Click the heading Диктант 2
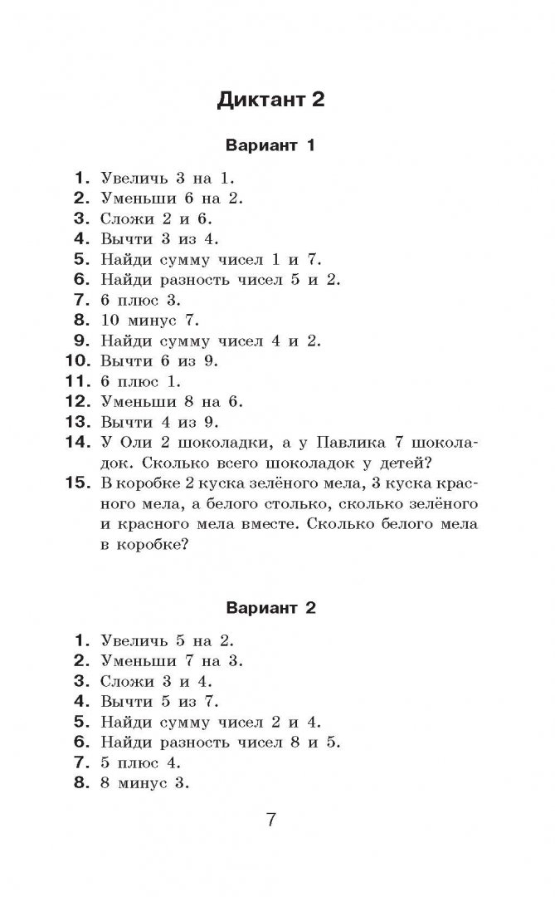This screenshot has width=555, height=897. click(270, 100)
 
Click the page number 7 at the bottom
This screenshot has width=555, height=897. click(270, 821)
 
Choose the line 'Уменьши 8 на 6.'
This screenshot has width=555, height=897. click(170, 401)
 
